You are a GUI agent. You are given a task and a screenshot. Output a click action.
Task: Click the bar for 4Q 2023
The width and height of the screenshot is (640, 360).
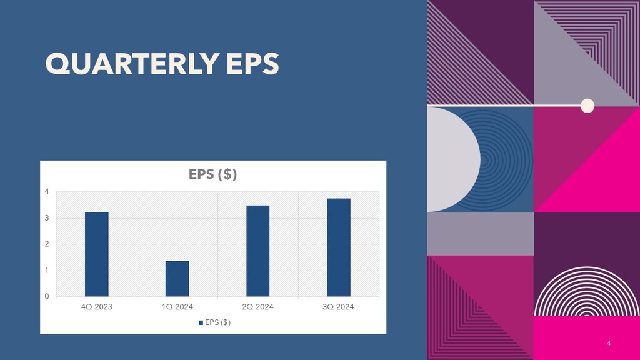coord(97,254)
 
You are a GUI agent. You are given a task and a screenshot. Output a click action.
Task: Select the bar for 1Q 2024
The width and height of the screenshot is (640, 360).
coord(177,278)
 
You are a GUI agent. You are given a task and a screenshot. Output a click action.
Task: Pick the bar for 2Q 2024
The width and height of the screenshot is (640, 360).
coord(258,251)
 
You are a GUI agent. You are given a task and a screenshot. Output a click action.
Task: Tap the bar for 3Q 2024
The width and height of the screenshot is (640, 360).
coord(338,247)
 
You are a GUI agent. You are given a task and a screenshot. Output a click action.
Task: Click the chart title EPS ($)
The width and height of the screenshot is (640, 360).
coord(212,174)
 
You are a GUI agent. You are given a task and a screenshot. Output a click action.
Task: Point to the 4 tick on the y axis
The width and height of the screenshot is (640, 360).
coord(47,191)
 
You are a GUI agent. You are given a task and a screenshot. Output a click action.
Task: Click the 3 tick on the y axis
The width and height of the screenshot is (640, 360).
coord(47,218)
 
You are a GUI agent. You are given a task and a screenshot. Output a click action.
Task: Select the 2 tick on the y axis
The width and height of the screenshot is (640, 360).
coord(47,244)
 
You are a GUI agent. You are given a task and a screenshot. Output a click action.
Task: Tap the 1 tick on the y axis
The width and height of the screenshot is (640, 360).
coord(47,270)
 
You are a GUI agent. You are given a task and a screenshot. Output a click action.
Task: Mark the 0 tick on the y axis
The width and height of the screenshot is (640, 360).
coord(47,296)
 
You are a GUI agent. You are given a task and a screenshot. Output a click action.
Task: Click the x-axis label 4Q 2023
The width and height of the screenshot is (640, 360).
coord(97,307)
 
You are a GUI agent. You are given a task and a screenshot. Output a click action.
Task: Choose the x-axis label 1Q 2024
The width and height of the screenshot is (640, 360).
coord(177,307)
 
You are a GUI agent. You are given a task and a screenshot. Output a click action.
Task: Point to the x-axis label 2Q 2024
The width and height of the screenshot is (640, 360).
coord(258,307)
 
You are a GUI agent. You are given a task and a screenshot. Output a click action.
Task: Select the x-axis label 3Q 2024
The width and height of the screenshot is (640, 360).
coord(338,307)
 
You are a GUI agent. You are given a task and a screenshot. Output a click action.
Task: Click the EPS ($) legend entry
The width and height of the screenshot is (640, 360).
coord(215,322)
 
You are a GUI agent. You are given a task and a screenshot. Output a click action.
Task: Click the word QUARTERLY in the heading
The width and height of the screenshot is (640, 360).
coord(132,64)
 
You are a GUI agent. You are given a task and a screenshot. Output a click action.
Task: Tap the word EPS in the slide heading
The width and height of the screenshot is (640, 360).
coord(252,64)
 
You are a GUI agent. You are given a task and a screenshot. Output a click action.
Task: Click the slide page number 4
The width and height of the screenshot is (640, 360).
coord(609,343)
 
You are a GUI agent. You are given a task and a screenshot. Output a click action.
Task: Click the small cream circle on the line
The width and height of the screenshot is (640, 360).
coord(587,106)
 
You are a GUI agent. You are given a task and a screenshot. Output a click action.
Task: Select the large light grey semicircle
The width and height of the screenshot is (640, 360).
coord(453,159)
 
